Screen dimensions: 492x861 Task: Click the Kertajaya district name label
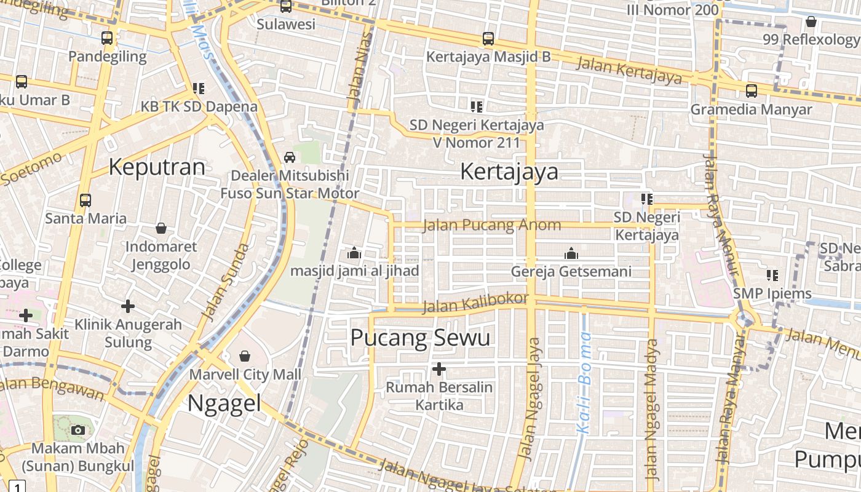[x=509, y=172]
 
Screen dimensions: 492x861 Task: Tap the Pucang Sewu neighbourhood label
[x=420, y=338]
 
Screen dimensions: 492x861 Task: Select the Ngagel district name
[x=224, y=403]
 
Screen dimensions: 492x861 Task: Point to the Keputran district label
[x=157, y=167]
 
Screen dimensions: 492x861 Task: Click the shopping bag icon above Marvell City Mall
[x=245, y=356]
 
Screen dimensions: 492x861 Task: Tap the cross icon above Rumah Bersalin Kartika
[x=438, y=369]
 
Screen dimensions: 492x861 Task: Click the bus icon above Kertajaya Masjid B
[x=488, y=39]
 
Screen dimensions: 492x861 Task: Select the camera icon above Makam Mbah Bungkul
[x=78, y=430]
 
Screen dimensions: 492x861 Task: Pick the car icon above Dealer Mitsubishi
[x=290, y=157]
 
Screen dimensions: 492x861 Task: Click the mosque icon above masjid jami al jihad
[x=354, y=253]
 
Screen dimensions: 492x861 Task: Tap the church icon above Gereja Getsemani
[x=571, y=253]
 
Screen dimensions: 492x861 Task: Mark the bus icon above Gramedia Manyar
[x=751, y=91]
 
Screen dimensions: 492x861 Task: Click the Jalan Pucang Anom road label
[x=492, y=225]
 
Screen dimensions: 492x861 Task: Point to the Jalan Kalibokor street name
[x=475, y=303]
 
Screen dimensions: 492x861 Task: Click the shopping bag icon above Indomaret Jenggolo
[x=161, y=229]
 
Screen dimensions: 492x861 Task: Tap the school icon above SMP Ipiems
[x=772, y=275]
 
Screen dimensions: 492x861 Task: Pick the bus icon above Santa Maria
[x=85, y=200]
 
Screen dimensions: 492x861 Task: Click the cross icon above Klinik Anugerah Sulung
[x=128, y=306]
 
